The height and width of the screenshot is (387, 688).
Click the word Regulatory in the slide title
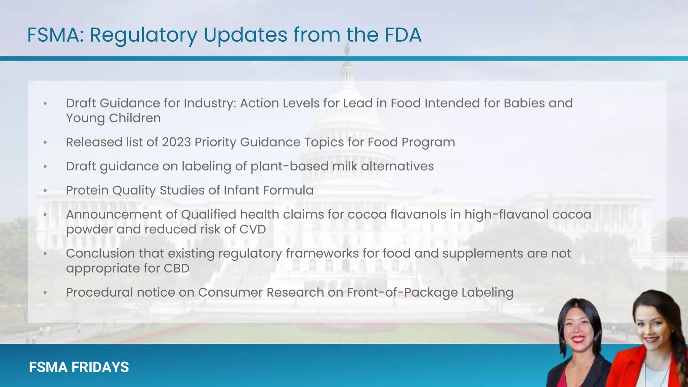click(143, 35)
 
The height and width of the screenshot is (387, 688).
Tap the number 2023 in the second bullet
click(176, 142)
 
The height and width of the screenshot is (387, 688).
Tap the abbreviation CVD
click(252, 229)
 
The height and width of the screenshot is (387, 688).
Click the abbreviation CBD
click(176, 268)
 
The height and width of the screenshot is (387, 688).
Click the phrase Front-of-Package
click(402, 292)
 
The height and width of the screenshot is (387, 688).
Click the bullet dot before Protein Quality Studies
click(45, 190)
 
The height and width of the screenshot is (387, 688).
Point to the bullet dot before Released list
click(45, 142)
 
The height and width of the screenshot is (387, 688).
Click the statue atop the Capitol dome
click(347, 50)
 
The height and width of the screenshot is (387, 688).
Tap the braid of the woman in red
click(680, 349)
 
